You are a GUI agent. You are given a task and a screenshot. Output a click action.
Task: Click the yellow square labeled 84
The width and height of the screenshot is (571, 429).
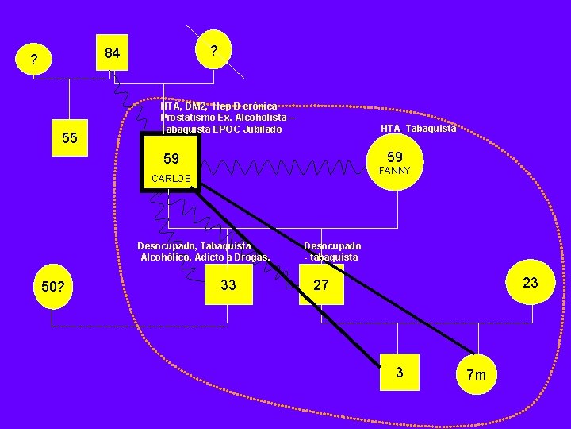tap(112, 53)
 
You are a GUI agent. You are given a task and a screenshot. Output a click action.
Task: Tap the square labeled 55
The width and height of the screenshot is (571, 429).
tap(70, 138)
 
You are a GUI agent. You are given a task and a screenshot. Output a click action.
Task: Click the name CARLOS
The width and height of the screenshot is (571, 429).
tap(171, 179)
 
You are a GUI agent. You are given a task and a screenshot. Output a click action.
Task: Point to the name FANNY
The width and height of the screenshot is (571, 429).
tap(395, 171)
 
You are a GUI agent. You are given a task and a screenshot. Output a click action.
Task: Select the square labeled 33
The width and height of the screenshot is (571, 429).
tap(228, 285)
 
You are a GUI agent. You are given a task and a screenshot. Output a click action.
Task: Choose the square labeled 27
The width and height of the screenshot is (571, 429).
tap(320, 285)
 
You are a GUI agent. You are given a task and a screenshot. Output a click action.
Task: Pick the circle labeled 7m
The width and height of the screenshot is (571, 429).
tap(477, 373)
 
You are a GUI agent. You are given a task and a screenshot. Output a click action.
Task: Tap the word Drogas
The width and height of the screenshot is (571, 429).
tap(251, 257)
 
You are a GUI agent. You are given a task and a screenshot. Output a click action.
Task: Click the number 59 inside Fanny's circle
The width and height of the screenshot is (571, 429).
tap(395, 157)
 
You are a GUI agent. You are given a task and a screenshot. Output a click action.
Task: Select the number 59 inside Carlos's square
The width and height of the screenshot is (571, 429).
tap(171, 159)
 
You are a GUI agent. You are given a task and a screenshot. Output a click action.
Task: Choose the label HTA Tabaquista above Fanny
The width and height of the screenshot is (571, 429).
tap(418, 129)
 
